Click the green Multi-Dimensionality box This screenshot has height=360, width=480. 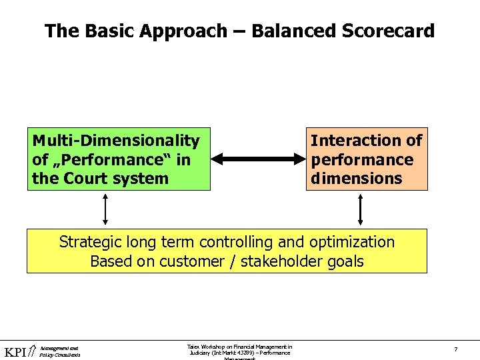[x=119, y=159]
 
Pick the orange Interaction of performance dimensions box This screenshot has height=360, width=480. [x=367, y=159]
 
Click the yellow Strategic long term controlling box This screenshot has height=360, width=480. [x=227, y=251]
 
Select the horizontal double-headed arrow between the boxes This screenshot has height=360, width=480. [x=258, y=159]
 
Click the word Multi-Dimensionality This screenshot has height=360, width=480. [x=116, y=141]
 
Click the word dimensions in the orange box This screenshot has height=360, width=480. [x=357, y=178]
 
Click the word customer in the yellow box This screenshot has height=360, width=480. [x=189, y=261]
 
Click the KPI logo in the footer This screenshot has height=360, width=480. [x=17, y=352]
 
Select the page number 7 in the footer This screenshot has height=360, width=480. [x=455, y=349]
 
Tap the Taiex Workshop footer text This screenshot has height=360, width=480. [x=239, y=350]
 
